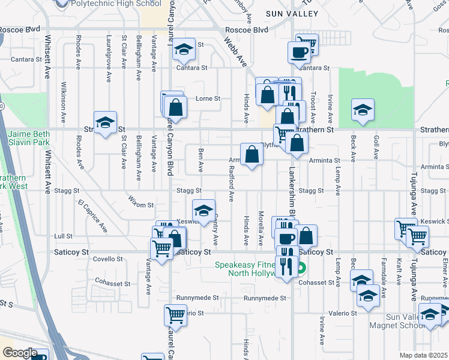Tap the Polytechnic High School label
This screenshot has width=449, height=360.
point(116,4)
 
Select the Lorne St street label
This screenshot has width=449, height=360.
point(208,98)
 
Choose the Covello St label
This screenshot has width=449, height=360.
point(108,259)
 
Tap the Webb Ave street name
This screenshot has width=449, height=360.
point(236,52)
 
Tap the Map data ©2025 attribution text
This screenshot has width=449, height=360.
point(423,355)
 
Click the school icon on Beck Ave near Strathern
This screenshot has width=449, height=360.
point(363,110)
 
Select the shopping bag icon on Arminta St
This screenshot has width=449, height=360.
point(252,154)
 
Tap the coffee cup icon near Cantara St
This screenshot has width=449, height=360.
point(299,52)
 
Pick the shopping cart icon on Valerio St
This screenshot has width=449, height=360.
point(175,314)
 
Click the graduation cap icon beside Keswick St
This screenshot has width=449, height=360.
point(203,211)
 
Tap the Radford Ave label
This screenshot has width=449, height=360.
point(231,187)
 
